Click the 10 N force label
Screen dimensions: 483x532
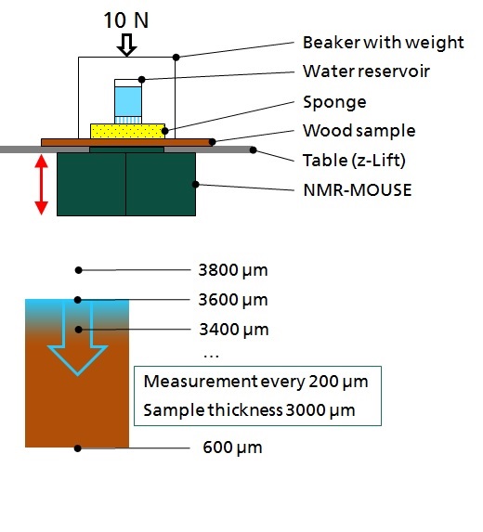(x=126, y=20)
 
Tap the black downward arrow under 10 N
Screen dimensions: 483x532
(x=126, y=45)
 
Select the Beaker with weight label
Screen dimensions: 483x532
(x=384, y=43)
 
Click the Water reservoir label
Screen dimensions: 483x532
(x=366, y=71)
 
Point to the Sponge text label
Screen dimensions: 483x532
(x=334, y=102)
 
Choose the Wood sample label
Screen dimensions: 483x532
(x=359, y=131)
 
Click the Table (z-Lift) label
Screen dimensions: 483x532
(x=354, y=160)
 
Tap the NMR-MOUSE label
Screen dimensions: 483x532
(x=358, y=189)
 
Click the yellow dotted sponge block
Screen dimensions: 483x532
(x=127, y=131)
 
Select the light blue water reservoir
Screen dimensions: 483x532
(x=128, y=101)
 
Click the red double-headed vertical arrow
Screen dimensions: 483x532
(x=42, y=185)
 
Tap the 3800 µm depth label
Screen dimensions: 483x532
(x=233, y=270)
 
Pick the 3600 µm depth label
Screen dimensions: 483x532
(x=233, y=300)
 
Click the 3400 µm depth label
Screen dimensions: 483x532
(x=234, y=329)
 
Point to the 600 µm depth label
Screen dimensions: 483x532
(x=232, y=448)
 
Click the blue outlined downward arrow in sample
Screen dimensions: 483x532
(x=77, y=338)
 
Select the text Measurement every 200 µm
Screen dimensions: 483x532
(x=256, y=382)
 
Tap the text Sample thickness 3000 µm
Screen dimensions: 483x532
(x=249, y=409)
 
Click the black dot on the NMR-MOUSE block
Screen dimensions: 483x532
(x=195, y=184)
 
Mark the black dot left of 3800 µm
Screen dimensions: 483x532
(x=78, y=270)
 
